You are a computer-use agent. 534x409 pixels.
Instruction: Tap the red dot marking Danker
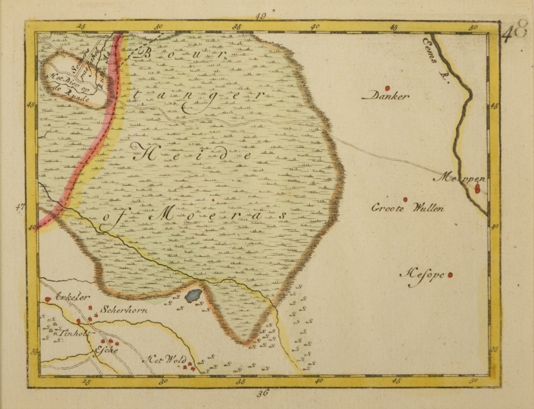pyautogui.click(x=388, y=88)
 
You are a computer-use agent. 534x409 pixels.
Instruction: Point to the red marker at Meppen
pyautogui.click(x=477, y=188)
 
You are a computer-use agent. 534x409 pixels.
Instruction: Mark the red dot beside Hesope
pyautogui.click(x=450, y=276)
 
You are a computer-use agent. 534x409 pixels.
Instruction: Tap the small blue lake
pyautogui.click(x=193, y=295)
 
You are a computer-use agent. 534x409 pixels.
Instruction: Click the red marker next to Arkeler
pyautogui.click(x=48, y=300)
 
